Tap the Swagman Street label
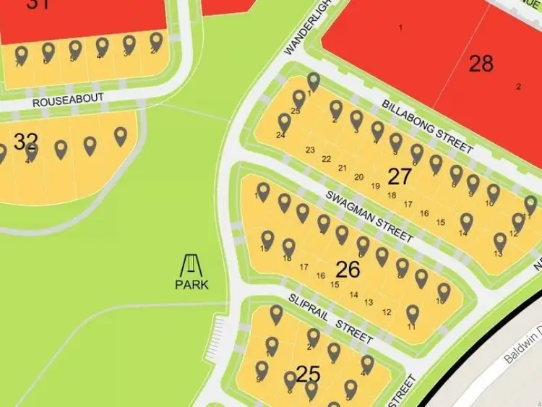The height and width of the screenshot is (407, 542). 369,216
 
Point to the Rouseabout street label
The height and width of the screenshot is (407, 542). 68,100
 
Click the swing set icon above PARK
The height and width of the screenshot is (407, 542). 192,265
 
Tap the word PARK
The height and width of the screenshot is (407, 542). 192,284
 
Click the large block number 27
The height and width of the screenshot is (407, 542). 400,176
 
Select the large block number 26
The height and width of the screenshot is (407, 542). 348,270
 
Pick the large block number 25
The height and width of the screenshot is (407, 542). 308,374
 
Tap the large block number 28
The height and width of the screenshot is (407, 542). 481,64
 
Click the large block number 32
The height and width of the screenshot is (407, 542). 25,140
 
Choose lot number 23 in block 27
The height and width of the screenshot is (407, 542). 311,150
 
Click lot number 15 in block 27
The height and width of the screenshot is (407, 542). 441,222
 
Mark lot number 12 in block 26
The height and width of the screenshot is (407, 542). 387,312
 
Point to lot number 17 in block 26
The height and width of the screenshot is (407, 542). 304,267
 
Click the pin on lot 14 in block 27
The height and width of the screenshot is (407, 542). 466,223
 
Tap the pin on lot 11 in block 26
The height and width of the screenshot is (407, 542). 413,314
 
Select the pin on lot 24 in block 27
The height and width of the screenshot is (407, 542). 284,123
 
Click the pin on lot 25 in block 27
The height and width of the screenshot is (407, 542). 298,98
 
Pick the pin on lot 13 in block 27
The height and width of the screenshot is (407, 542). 500,241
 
